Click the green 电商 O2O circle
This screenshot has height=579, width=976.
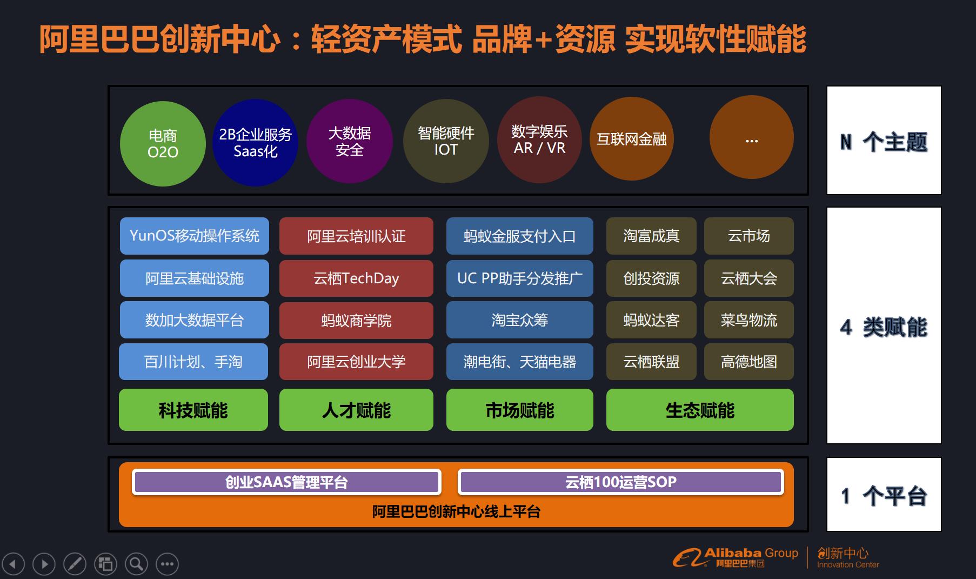pos(163,143)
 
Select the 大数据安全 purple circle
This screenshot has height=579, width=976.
pos(349,141)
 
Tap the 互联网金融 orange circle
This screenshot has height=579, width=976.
pos(631,139)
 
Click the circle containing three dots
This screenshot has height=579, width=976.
pos(751,137)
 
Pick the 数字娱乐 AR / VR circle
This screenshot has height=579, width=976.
pos(539,139)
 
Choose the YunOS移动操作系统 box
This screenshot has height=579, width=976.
pos(195,236)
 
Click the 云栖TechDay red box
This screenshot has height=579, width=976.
pos(356,278)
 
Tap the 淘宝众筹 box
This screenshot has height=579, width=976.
pos(520,320)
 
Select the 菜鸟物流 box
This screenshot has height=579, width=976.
pos(749,320)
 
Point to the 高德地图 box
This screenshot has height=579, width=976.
pos(749,362)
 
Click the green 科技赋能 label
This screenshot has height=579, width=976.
pos(193,410)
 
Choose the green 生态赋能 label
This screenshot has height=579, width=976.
pos(700,410)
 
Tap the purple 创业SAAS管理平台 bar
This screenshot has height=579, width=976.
pos(286,482)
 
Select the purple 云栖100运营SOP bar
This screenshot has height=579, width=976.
pos(621,482)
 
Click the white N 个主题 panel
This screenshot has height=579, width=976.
pos(884,141)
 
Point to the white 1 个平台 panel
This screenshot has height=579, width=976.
pos(884,495)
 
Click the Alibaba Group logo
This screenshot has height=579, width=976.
pos(735,557)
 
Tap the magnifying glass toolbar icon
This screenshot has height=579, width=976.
pos(137,564)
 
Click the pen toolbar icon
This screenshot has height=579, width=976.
pos(75,564)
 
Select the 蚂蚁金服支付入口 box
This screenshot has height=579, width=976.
pos(520,236)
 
